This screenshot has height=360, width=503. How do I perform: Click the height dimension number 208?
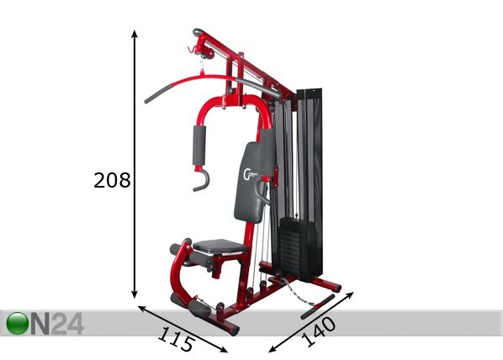(112, 180)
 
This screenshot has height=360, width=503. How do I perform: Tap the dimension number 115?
(176, 339)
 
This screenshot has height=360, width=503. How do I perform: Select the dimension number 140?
(320, 331)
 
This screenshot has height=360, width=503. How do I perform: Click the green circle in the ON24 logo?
(18, 323)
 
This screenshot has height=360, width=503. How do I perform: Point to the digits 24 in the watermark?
(67, 324)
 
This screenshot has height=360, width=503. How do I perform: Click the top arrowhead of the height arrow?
(135, 34)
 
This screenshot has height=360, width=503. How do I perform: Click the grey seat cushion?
(220, 246)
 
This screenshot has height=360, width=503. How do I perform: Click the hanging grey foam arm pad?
(199, 146)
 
